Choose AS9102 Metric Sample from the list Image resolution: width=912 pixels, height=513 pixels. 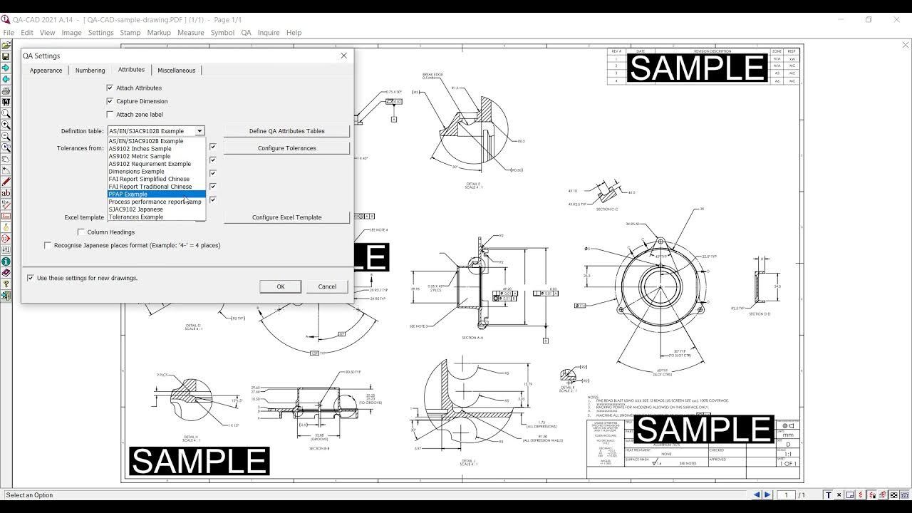[x=140, y=156]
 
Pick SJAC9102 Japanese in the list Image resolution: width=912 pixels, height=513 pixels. [x=136, y=209]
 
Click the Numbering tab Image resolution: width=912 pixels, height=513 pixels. [x=90, y=71]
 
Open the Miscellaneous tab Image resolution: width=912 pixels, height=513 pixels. [x=176, y=71]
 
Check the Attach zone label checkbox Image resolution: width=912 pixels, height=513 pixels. [x=110, y=114]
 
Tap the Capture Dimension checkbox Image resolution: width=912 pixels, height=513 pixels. [x=110, y=101]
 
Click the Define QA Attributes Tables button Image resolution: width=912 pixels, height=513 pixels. [x=286, y=131]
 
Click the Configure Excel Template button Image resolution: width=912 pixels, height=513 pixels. [x=286, y=217]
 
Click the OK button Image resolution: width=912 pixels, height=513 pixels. [x=280, y=286]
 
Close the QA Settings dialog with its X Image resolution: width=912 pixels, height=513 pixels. [x=343, y=56]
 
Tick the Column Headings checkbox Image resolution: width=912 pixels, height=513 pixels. [x=81, y=232]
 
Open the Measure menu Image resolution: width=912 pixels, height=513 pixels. [x=190, y=33]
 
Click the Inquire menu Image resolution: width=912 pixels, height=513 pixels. [x=269, y=33]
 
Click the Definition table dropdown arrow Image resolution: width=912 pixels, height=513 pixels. [x=199, y=131]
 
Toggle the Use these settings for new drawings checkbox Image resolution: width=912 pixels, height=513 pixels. [x=31, y=278]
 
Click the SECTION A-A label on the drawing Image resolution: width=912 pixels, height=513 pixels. [x=472, y=338]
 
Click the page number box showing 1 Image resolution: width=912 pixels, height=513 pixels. [x=787, y=494]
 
